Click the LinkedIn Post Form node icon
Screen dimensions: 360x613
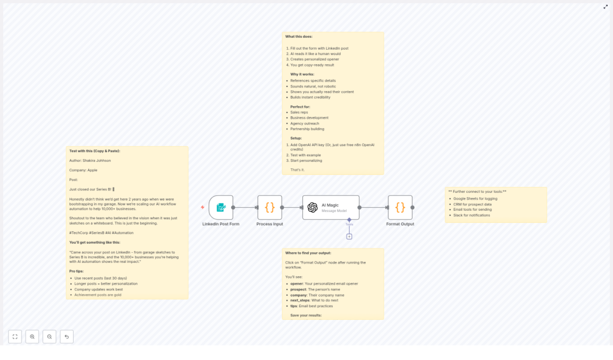point(221,207)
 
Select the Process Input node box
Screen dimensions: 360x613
point(269,207)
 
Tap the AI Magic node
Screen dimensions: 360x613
point(330,207)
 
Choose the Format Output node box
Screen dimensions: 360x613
point(400,207)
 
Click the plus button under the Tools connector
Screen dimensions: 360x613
point(349,237)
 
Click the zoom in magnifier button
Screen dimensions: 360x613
point(32,337)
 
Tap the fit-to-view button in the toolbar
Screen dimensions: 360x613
point(15,337)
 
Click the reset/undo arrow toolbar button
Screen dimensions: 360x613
point(66,337)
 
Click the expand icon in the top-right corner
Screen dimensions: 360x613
point(605,7)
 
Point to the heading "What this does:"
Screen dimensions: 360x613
point(299,37)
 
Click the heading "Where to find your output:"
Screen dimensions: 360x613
point(308,253)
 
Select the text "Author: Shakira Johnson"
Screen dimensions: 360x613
point(90,161)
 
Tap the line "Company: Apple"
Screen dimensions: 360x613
point(83,170)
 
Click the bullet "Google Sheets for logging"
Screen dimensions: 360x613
point(475,198)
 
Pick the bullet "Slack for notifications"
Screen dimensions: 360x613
point(471,215)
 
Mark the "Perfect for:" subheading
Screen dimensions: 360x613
point(300,107)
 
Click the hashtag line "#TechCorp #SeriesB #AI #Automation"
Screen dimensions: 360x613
point(101,232)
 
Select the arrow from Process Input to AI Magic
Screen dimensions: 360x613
point(292,207)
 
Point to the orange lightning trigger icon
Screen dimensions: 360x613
point(202,207)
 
